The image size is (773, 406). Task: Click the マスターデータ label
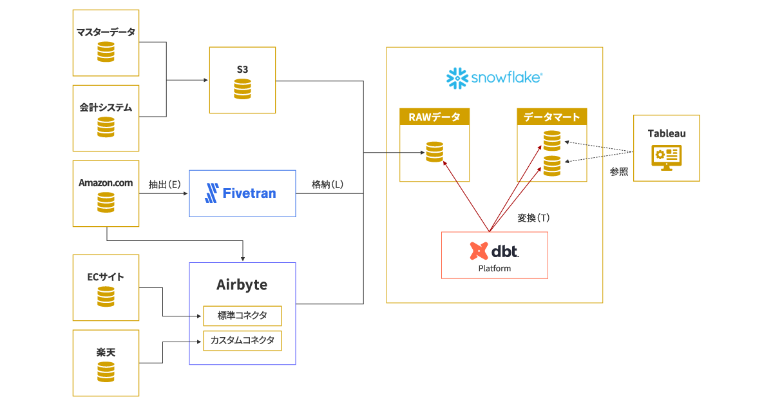(x=106, y=32)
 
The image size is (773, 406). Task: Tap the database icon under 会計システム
(x=106, y=127)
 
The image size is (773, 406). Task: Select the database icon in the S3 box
(x=243, y=89)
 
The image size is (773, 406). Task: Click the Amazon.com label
(x=106, y=183)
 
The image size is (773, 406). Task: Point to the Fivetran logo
(x=240, y=193)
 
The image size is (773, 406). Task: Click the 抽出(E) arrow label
(x=164, y=184)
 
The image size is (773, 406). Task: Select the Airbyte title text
(x=242, y=284)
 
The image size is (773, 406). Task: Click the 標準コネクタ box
(x=242, y=316)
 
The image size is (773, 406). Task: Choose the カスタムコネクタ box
(x=242, y=340)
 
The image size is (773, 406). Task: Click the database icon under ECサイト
(x=106, y=296)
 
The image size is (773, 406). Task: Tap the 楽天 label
(x=106, y=353)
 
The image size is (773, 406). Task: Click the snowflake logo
(x=494, y=78)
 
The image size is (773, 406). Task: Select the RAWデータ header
(x=434, y=117)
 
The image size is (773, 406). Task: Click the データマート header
(x=551, y=117)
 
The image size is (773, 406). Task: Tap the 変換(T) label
(x=533, y=218)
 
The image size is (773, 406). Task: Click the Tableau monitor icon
(x=666, y=157)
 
